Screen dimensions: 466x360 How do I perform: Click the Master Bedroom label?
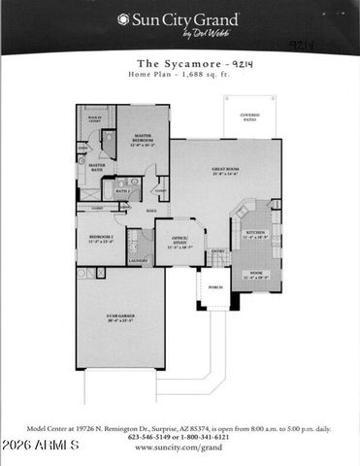(x=142, y=140)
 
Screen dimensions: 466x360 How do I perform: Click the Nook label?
(x=256, y=275)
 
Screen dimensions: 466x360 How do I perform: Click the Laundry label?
(x=137, y=260)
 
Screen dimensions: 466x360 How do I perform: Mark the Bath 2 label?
(x=123, y=191)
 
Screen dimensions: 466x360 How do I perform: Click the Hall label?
(x=152, y=210)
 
